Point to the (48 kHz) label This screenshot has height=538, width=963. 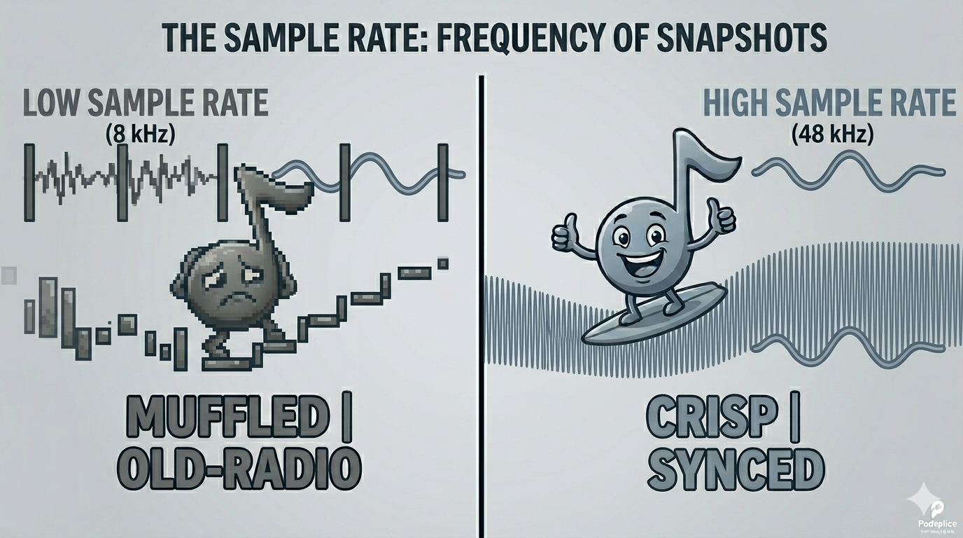(x=833, y=133)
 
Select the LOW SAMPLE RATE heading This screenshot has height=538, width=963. (x=146, y=103)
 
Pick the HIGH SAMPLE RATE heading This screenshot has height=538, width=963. (x=829, y=103)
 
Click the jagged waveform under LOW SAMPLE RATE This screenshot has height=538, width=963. (x=126, y=179)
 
